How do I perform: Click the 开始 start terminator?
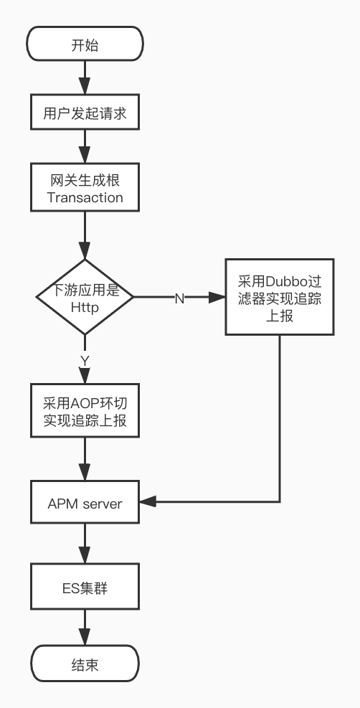[x=85, y=44]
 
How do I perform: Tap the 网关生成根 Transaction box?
[x=85, y=188]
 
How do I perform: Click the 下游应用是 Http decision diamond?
[x=85, y=297]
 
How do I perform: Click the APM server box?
[x=85, y=503]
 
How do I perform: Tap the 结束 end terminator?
[x=85, y=665]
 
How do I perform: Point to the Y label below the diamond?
[x=85, y=359]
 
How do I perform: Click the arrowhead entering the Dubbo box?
[x=218, y=297]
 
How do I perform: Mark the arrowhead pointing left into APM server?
[x=148, y=502]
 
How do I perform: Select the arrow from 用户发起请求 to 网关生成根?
[x=85, y=149]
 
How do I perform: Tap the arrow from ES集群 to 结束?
[x=85, y=626]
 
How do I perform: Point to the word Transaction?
[x=85, y=197]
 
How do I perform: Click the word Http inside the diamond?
[x=85, y=307]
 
